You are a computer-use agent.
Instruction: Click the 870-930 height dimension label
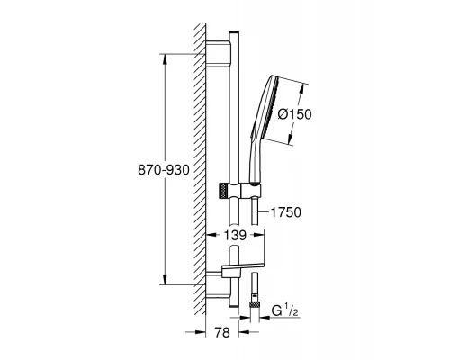(x=164, y=170)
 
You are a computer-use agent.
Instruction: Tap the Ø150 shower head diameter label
(x=294, y=114)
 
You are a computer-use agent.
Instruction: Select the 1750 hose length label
(x=285, y=212)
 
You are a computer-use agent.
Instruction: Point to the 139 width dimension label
(x=235, y=235)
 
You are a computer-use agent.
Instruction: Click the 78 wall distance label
(x=222, y=332)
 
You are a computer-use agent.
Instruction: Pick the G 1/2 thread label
(x=284, y=311)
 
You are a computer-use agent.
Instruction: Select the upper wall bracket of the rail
(x=218, y=53)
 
